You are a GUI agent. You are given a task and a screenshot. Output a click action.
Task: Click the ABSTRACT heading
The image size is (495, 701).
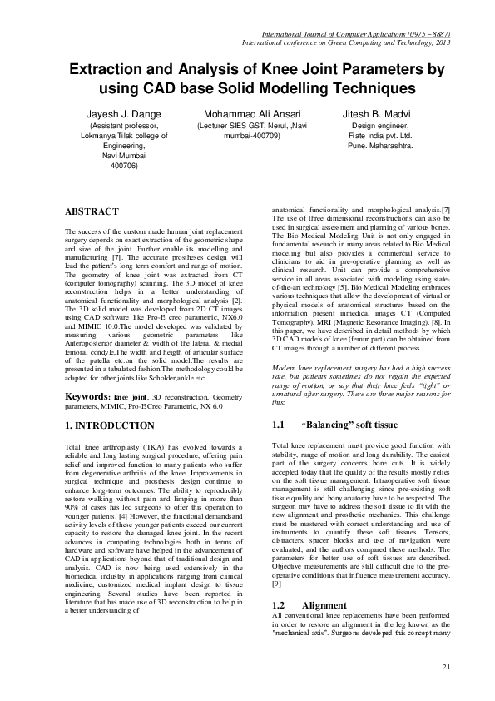[92, 212]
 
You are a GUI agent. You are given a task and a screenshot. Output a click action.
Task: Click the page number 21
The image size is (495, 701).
[447, 667]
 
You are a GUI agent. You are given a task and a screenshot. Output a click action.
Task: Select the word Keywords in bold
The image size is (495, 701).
[87, 396]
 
